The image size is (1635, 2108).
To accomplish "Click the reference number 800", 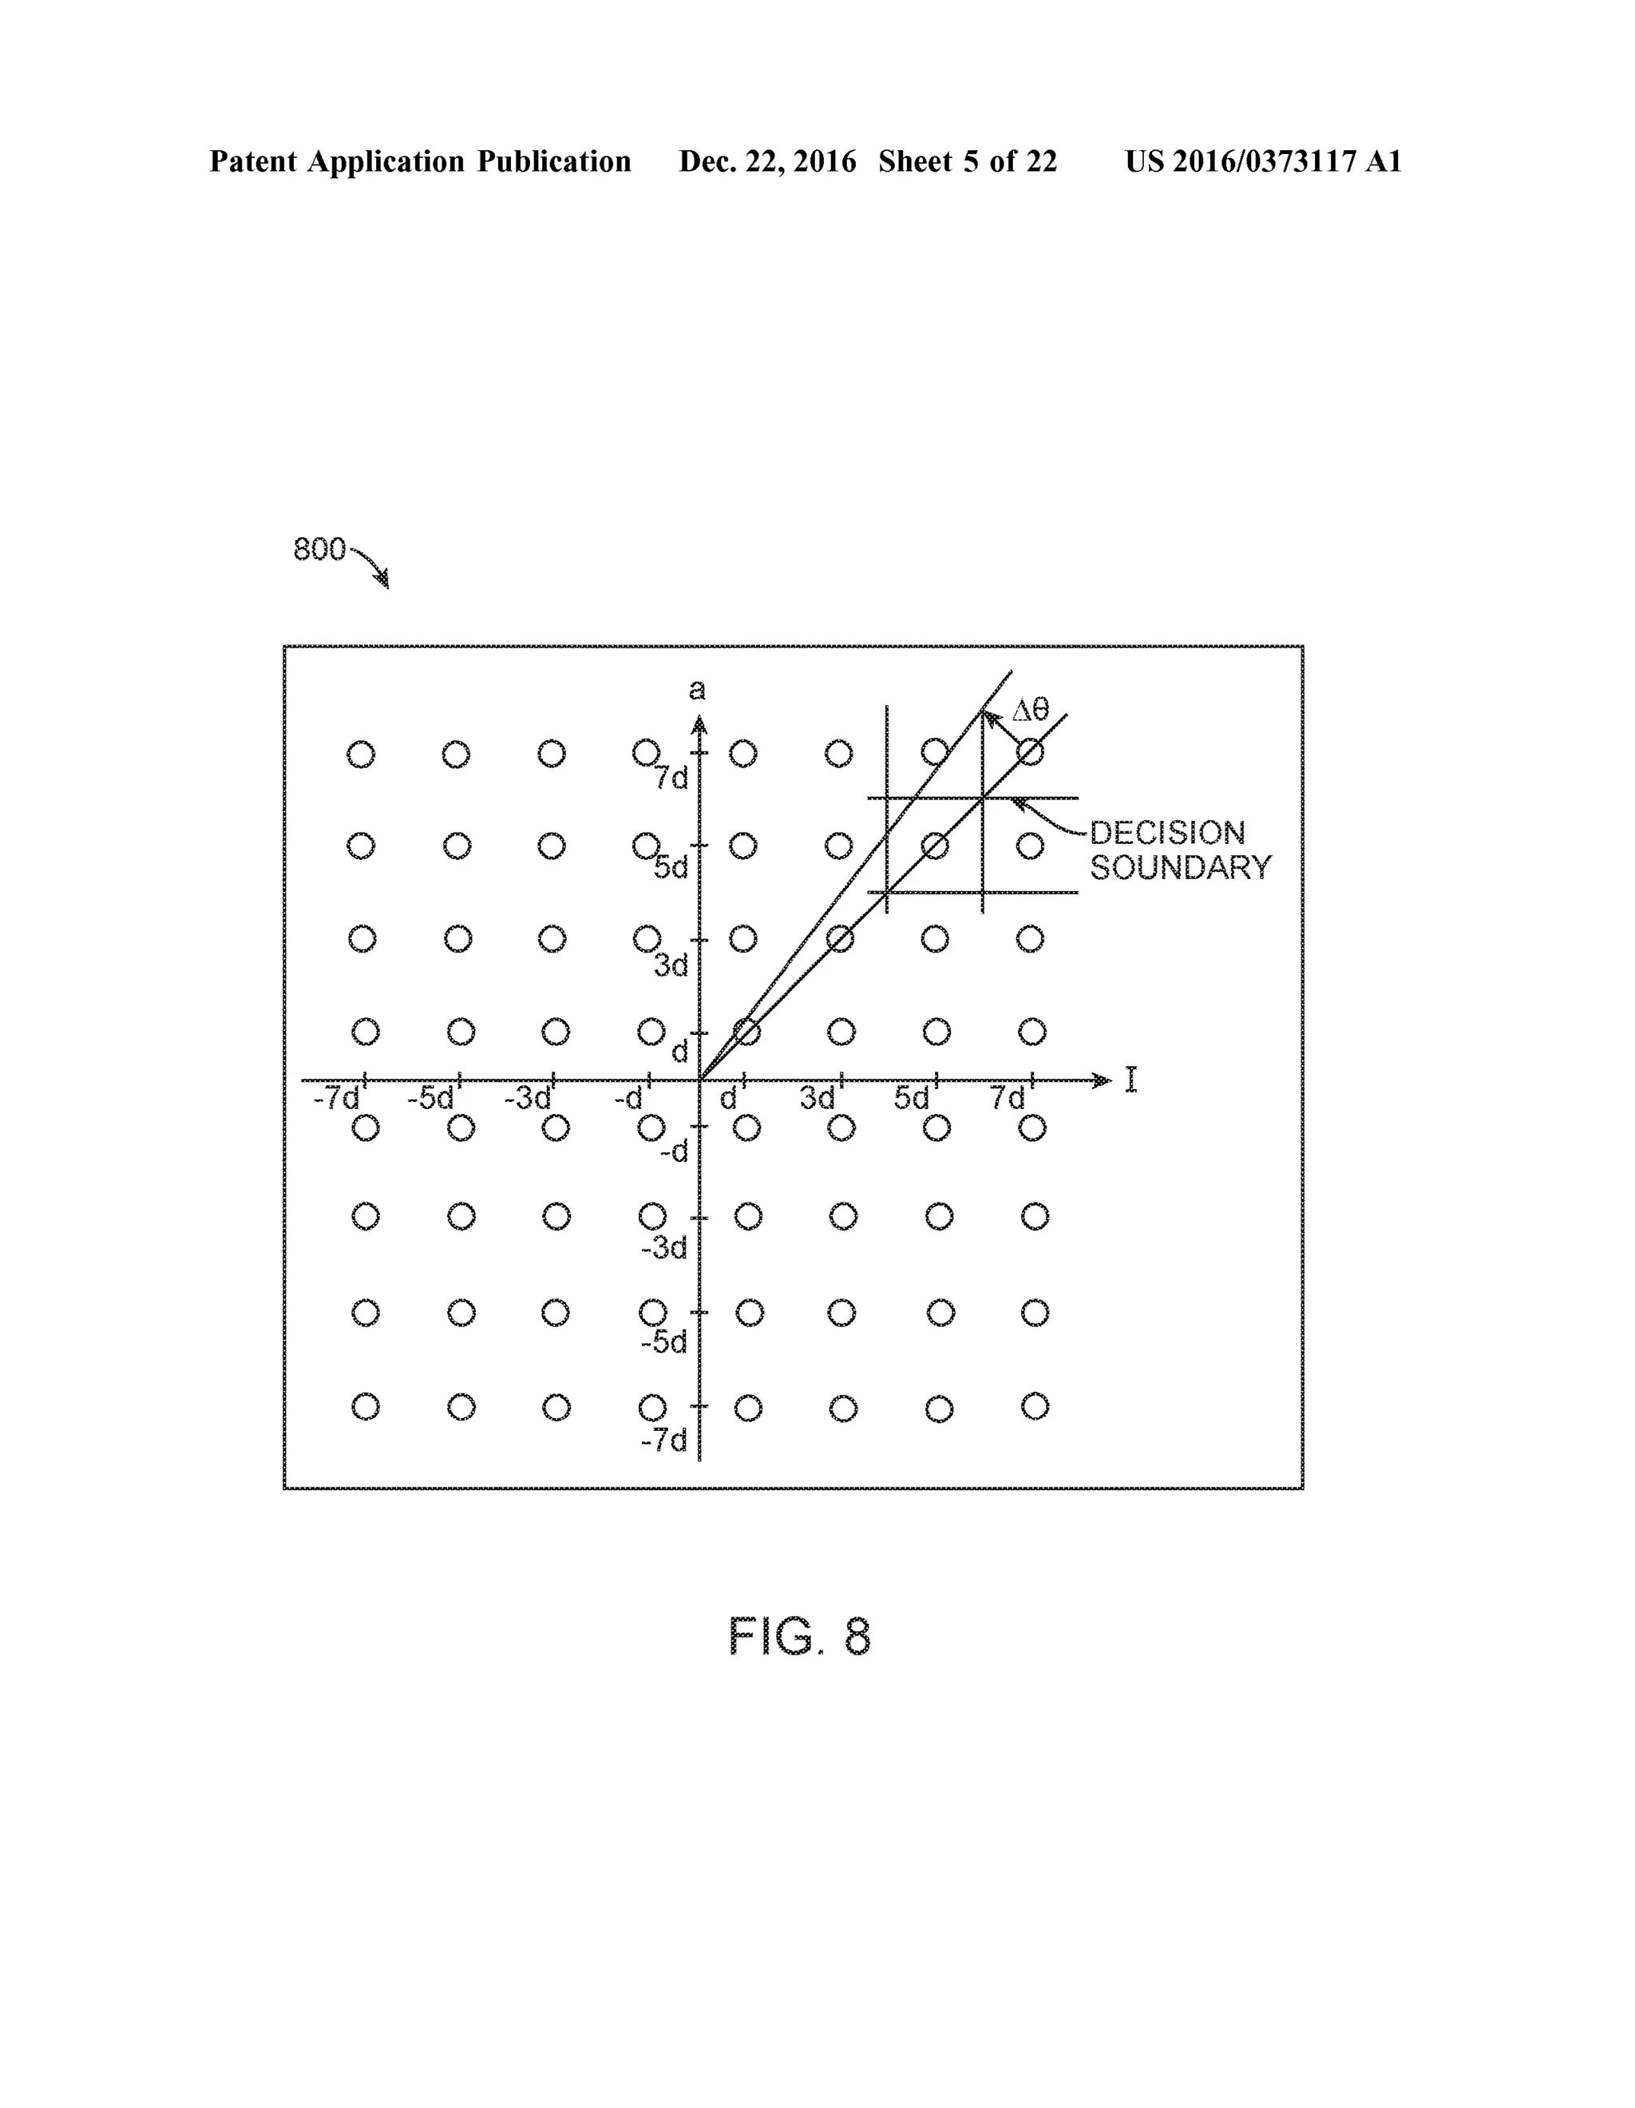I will [319, 549].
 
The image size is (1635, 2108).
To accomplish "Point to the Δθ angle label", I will [1029, 711].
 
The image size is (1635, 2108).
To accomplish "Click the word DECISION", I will [1167, 832].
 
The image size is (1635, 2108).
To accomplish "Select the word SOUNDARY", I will [1181, 868].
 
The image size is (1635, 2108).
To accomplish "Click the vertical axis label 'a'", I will [696, 689].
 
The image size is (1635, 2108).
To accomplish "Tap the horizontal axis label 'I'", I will [1130, 1080].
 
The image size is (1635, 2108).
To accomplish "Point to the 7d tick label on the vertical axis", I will [671, 778].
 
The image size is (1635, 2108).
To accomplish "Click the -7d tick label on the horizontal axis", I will [336, 1099].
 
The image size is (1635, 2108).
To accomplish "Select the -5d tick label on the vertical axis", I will [664, 1341].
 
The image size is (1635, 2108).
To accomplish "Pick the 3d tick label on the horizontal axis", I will [817, 1099].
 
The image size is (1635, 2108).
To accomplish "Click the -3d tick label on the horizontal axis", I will [527, 1099].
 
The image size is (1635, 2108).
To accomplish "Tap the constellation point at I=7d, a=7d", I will [1031, 753].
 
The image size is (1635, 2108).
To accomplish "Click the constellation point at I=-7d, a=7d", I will [361, 754].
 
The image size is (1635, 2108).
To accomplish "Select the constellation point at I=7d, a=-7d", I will [1035, 1406].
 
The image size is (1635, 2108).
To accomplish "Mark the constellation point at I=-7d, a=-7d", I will [365, 1406].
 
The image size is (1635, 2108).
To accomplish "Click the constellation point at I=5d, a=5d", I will [934, 846].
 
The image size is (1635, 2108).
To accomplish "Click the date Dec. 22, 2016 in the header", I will [767, 161].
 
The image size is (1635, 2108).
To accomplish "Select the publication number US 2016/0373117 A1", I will [1262, 161].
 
